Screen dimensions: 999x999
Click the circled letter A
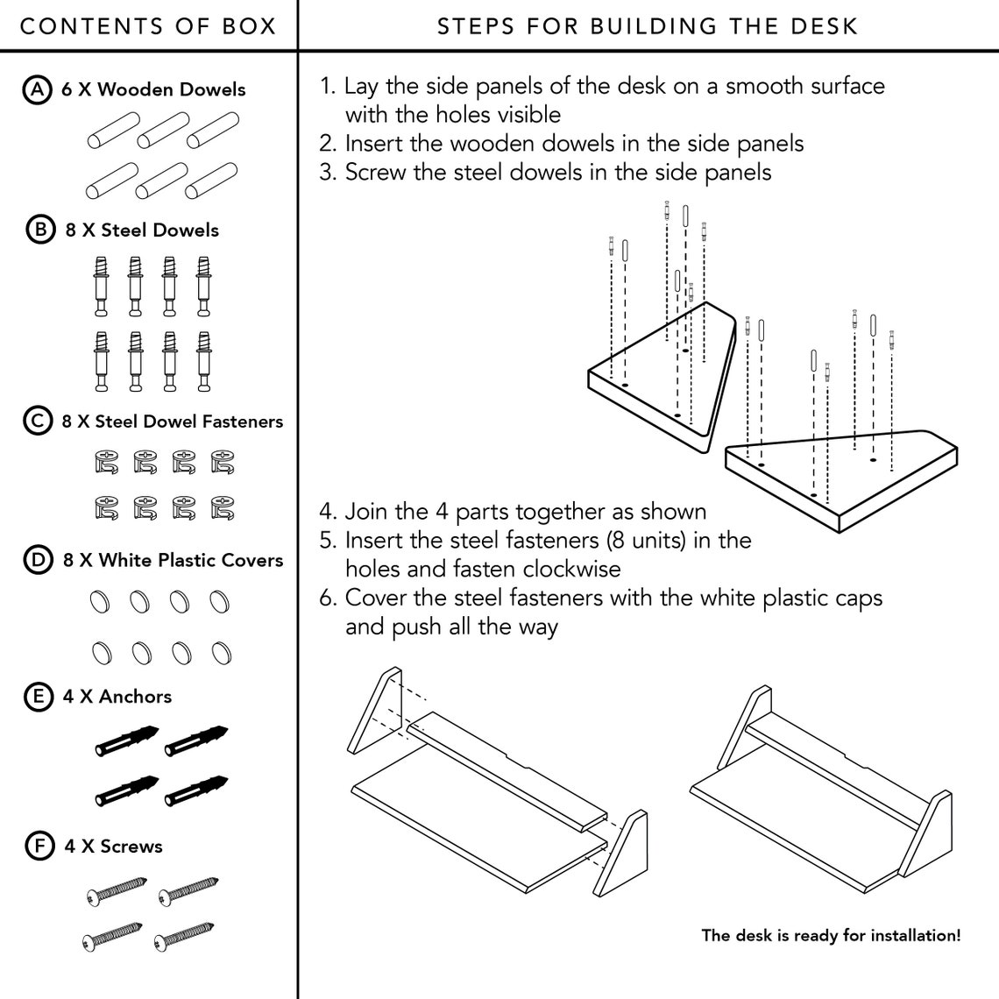tap(37, 89)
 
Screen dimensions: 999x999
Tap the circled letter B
tap(41, 230)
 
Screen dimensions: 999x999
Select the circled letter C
tap(38, 422)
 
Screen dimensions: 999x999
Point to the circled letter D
tap(39, 560)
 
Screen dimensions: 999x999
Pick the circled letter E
tap(39, 697)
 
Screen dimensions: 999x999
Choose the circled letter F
tap(39, 847)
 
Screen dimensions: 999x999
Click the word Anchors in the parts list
tap(135, 697)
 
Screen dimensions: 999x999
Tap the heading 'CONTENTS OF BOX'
tap(148, 26)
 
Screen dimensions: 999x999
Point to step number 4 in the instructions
tap(327, 512)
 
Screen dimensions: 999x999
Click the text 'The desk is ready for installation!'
tap(831, 935)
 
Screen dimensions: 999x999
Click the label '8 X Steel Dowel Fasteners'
tap(172, 422)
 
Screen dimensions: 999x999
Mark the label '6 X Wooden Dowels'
tap(152, 89)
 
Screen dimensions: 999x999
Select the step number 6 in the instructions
tap(327, 598)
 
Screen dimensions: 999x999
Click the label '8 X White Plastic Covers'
tap(173, 560)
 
